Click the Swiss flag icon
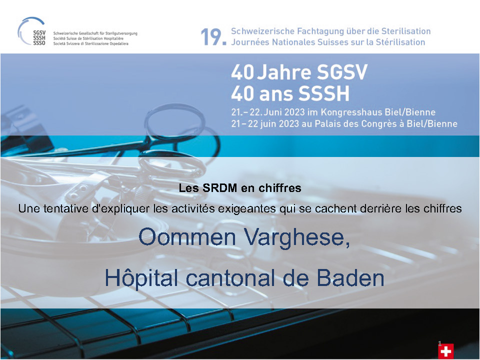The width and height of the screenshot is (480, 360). pyautogui.click(x=445, y=351)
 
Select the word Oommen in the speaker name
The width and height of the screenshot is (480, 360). pyautogui.click(x=187, y=236)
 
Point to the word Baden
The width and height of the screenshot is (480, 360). pyautogui.click(x=350, y=278)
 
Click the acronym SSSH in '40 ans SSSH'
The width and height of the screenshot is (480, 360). pyautogui.click(x=323, y=93)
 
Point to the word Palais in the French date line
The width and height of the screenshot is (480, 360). pyautogui.click(x=326, y=123)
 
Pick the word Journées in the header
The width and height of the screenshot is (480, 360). pyautogui.click(x=250, y=42)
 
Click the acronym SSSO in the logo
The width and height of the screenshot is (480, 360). pyautogui.click(x=39, y=43)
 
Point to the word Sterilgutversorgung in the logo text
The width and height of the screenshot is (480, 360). pyautogui.click(x=121, y=33)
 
